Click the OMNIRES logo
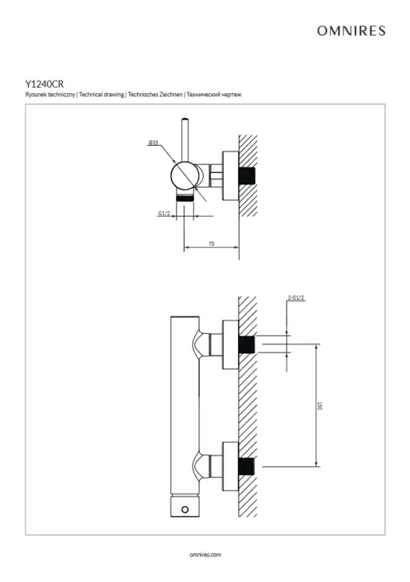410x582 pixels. (351, 31)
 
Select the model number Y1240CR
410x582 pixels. (44, 85)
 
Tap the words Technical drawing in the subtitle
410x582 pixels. (102, 95)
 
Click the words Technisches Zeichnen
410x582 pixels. (155, 95)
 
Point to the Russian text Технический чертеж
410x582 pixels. (214, 95)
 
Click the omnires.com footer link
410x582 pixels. (205, 555)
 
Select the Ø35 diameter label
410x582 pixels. (153, 143)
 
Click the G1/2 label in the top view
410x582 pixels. (164, 213)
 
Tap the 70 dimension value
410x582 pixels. (212, 244)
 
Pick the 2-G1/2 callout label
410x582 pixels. (296, 298)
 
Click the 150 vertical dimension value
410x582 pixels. (319, 405)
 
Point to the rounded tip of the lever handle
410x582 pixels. (185, 120)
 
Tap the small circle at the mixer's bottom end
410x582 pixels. (184, 510)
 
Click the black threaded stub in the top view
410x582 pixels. (247, 176)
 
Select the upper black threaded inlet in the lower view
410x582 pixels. (247, 345)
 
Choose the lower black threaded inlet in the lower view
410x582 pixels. (247, 466)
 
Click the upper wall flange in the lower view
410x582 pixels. (230, 345)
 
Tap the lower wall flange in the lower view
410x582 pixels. (230, 466)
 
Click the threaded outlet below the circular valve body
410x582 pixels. (184, 197)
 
